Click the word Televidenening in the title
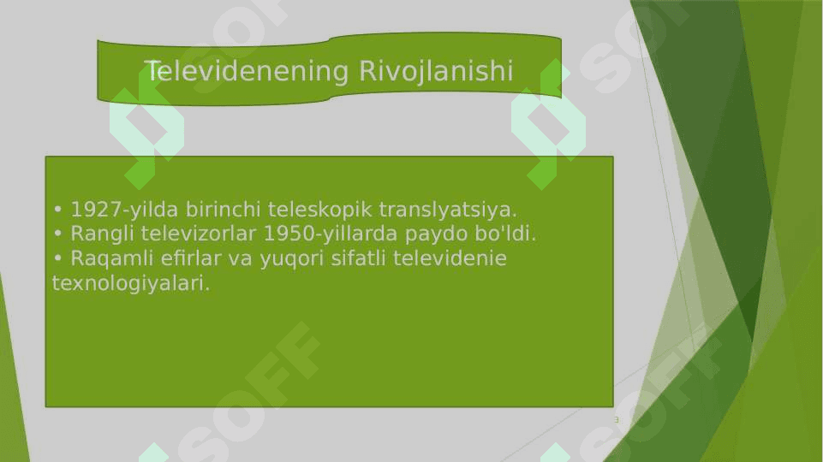click(246, 71)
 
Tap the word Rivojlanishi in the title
click(436, 71)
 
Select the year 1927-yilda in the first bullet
click(124, 210)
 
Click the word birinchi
click(223, 210)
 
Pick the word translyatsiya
click(448, 210)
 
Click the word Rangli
click(103, 234)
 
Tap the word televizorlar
click(199, 234)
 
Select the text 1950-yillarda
click(331, 234)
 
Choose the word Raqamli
click(112, 258)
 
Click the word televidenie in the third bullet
click(450, 258)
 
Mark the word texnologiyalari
click(131, 284)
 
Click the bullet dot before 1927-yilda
click(57, 210)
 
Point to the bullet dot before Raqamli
click(57, 258)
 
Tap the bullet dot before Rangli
click(57, 234)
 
